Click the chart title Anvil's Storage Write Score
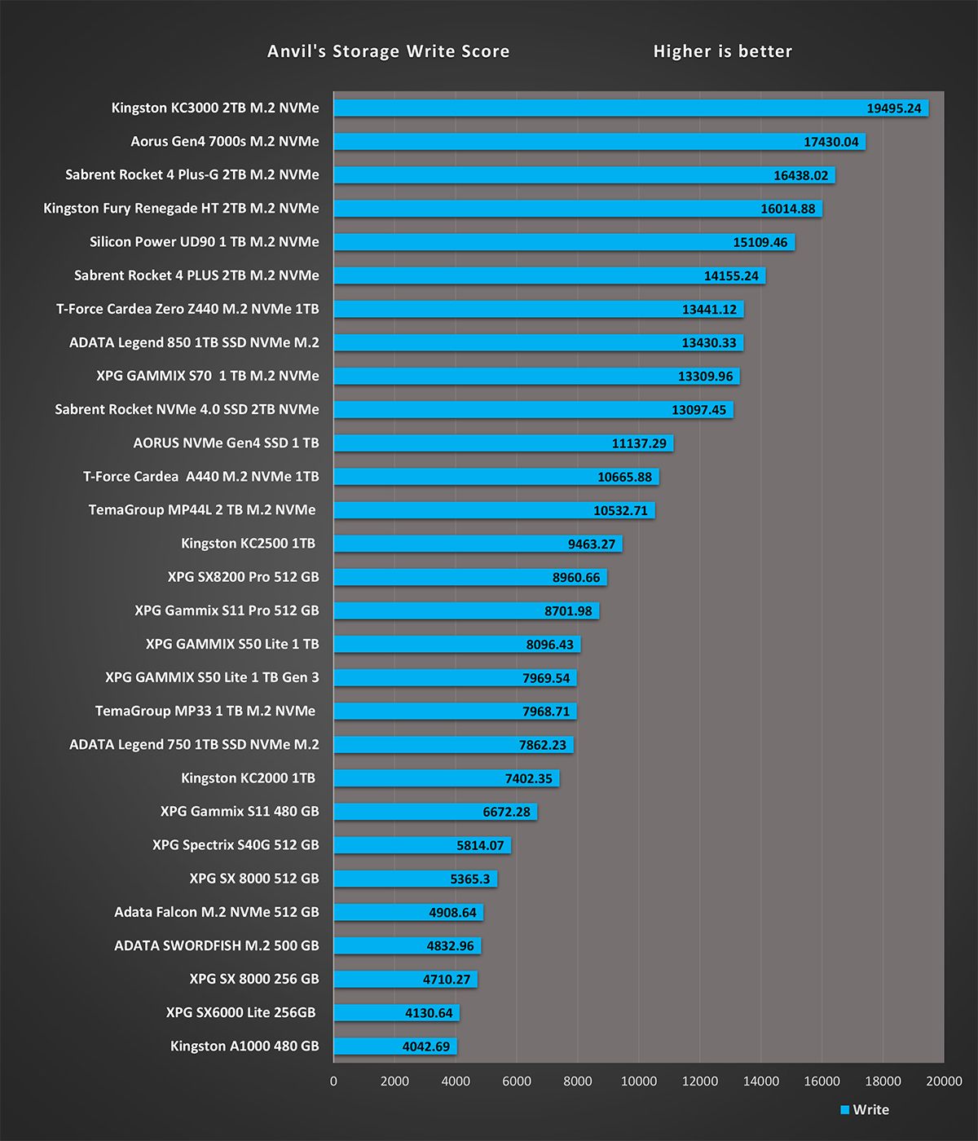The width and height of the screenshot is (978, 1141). coord(388,51)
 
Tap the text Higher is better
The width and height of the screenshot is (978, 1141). coord(722,51)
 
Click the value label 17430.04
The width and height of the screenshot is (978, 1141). coord(830,142)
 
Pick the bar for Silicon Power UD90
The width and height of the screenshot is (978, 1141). coord(530,242)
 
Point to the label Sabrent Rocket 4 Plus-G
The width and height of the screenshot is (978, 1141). coord(192,175)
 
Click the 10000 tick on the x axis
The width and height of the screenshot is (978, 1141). coord(638,1082)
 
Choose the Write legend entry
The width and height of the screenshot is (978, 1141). coord(865,1110)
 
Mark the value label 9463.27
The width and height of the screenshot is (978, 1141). coord(591,544)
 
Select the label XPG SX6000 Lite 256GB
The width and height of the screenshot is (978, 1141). coord(240,1013)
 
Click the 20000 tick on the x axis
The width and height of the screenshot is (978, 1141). coord(944,1082)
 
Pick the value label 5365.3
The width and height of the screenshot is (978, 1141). coord(469,879)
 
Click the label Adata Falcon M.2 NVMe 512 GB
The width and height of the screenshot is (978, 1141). coord(216,913)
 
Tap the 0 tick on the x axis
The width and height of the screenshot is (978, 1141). coord(333,1082)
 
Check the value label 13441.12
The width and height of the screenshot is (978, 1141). coord(708,310)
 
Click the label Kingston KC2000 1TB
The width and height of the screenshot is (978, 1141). coord(248,778)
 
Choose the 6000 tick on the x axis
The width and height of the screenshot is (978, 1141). coord(516,1082)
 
